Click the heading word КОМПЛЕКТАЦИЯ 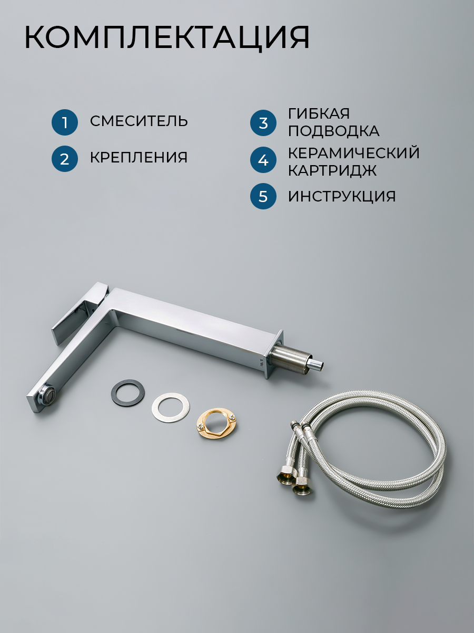click(167, 38)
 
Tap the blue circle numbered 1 click(65, 122)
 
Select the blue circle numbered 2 click(65, 159)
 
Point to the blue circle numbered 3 click(263, 123)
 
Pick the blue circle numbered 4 click(263, 159)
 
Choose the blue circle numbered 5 click(263, 196)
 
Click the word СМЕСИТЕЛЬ click(139, 121)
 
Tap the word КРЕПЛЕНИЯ click(139, 157)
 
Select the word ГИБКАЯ click(319, 113)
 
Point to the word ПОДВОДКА click(334, 131)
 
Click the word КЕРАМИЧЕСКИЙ click(354, 152)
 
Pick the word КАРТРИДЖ click(332, 171)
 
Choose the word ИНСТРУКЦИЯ click(342, 197)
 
